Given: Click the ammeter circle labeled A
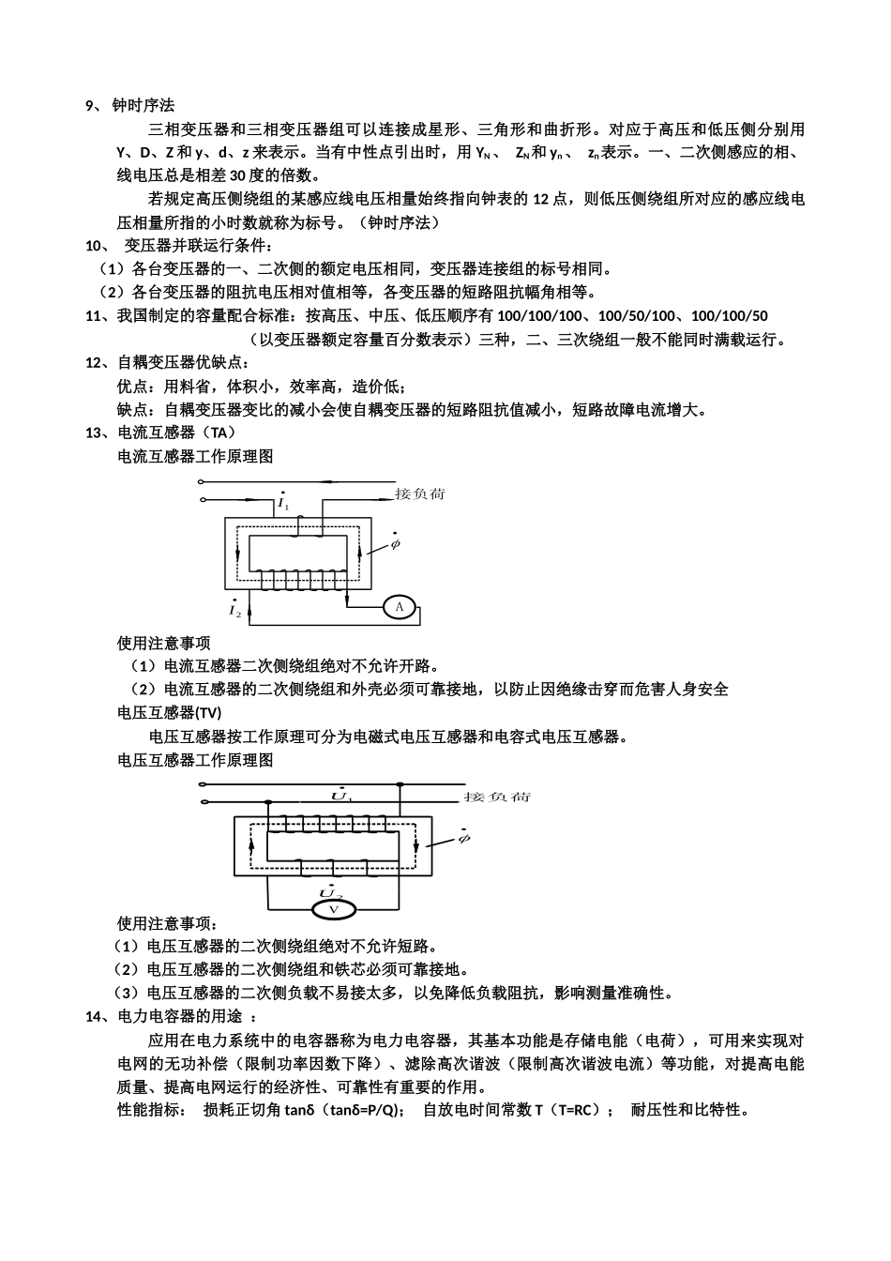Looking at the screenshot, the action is (x=400, y=608).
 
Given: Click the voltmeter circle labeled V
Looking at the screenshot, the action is (x=332, y=910).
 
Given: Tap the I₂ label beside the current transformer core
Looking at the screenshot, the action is (x=234, y=610).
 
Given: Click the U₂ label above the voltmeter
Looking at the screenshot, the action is (x=330, y=890).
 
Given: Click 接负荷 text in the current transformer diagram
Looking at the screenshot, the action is (x=419, y=494).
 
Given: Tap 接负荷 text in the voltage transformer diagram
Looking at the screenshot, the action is (x=497, y=797).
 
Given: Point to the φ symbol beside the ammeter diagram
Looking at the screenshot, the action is (x=395, y=542).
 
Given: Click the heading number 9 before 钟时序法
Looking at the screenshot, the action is (x=90, y=106).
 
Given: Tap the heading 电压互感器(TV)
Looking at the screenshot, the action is (x=170, y=713).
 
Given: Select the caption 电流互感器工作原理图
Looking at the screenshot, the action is (x=195, y=456).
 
